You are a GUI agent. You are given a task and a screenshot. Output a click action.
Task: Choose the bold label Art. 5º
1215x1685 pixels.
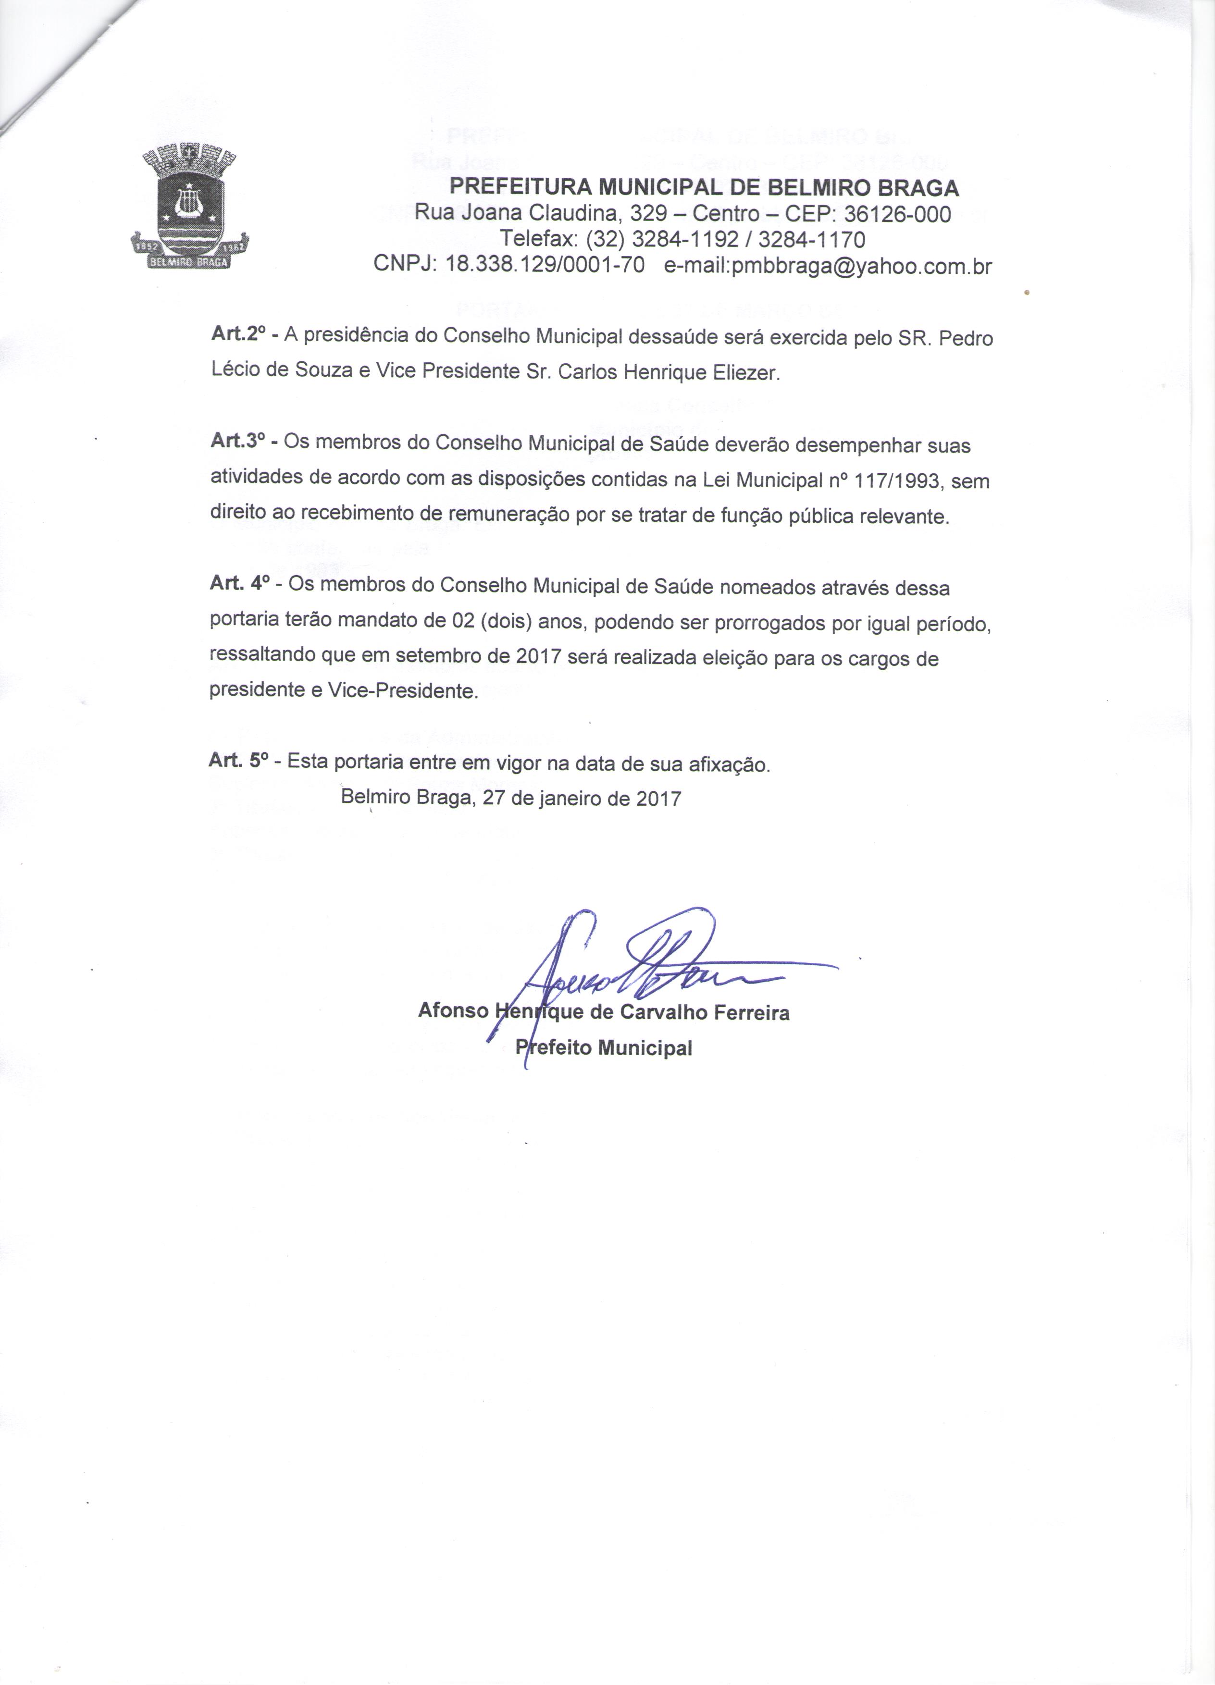[x=238, y=760]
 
